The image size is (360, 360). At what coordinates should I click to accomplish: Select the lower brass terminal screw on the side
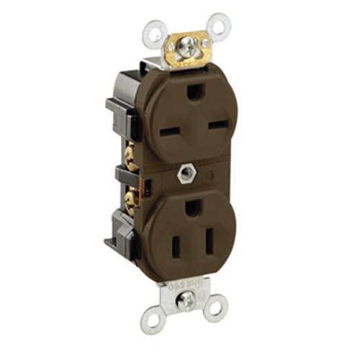pos(130,202)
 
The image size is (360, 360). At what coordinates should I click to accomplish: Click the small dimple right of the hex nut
pos(210,175)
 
